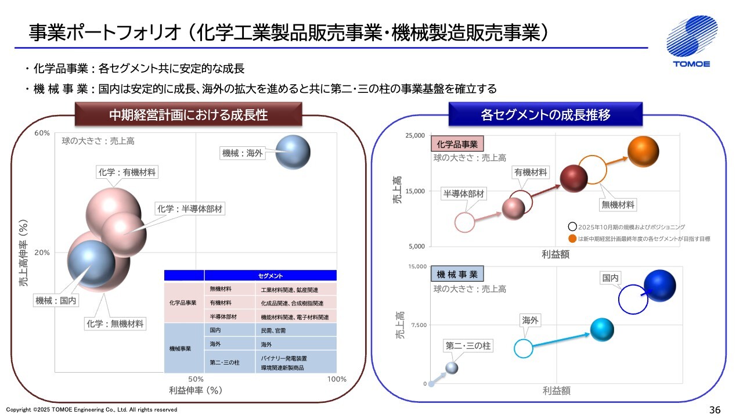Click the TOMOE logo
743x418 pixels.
tap(692, 41)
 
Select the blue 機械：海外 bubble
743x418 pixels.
tap(293, 152)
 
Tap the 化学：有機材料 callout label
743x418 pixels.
tap(127, 172)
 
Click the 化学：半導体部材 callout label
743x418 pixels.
tap(190, 208)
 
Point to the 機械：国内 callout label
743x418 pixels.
tap(56, 301)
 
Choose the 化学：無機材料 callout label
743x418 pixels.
tap(115, 324)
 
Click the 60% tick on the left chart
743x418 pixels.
tap(42, 133)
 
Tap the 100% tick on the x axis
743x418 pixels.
tap(337, 379)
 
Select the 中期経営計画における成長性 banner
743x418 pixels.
tap(189, 114)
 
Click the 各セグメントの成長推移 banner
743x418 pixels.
tap(546, 114)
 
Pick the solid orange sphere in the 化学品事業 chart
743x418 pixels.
tap(643, 152)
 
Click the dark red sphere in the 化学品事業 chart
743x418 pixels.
tap(574, 178)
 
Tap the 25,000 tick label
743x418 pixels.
tap(415, 135)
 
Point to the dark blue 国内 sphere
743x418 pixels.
tap(660, 286)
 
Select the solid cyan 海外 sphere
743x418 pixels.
tap(602, 330)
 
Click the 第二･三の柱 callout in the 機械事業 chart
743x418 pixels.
tap(468, 345)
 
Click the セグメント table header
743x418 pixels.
tap(270, 276)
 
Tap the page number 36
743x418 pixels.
tap(715, 410)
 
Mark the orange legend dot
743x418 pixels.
tap(572, 239)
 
